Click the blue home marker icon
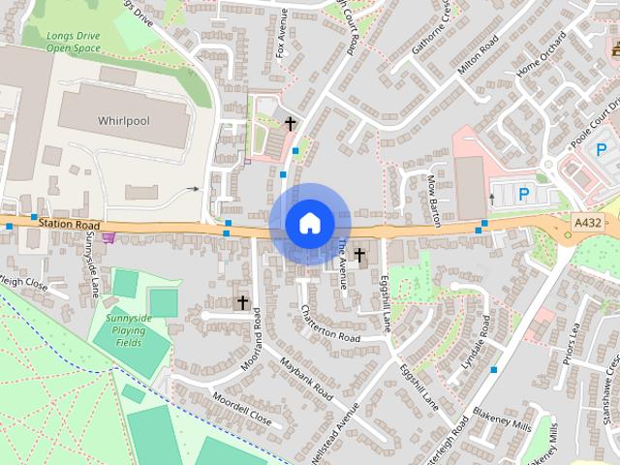click(x=309, y=224)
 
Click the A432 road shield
click(x=587, y=222)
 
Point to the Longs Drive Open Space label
click(x=74, y=41)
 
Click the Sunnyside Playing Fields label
click(x=127, y=330)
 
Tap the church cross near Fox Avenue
click(x=290, y=123)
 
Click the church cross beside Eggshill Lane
click(x=359, y=255)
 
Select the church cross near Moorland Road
click(x=243, y=302)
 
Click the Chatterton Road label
click(x=330, y=325)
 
